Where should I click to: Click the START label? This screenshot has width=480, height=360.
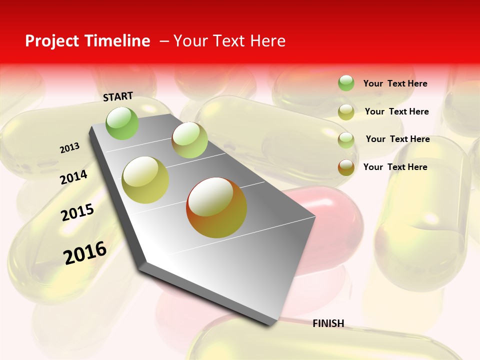pos(118,96)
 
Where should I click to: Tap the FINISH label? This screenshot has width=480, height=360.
pos(328,323)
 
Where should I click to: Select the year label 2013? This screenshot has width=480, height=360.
pos(69,148)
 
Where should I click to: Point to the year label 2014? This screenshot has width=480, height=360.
pos(73,177)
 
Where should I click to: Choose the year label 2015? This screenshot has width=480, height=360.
pos(77,212)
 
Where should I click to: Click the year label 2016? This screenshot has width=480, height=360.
pos(85,252)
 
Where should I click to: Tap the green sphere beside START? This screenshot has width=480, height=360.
pos(122,123)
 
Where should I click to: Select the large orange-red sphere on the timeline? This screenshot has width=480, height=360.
pos(216,207)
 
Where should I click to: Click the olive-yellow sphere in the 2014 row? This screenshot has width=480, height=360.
pos(145,180)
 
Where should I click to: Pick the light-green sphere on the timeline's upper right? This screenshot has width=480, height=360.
pos(189,140)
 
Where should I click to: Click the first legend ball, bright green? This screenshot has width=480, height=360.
pos(346,83)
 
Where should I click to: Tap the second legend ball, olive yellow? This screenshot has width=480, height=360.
pos(346,112)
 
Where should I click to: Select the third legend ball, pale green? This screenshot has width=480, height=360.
pos(346,140)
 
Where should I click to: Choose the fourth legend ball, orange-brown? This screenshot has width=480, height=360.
pos(346,167)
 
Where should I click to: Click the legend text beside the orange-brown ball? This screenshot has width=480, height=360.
pos(395,167)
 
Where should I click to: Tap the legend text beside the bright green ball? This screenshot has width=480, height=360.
pos(395,83)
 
